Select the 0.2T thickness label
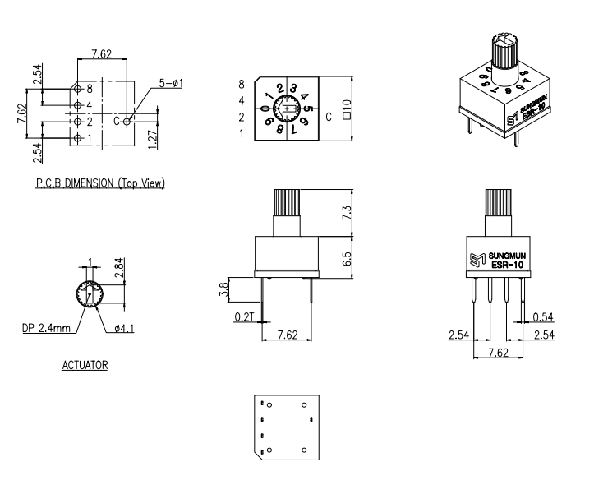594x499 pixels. (244, 316)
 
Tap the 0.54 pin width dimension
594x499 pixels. (541, 316)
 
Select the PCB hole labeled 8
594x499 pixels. (78, 89)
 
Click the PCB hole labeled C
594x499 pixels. (127, 121)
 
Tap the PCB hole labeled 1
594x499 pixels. (78, 137)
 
